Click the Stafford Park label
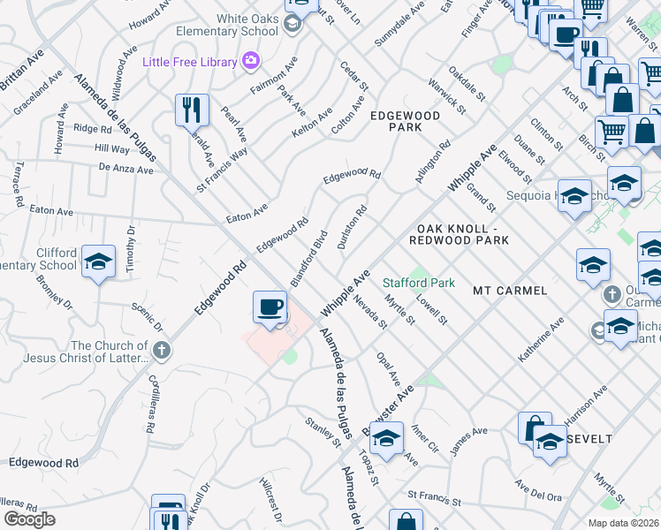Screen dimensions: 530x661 419,283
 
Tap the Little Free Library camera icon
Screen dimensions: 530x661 251,61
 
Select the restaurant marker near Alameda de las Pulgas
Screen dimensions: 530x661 192,110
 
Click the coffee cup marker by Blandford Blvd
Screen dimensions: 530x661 270,307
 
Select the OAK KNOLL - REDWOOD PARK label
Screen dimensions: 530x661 460,233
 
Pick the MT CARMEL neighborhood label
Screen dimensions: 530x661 510,290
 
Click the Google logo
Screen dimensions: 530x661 29,519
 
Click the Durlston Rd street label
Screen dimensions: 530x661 351,228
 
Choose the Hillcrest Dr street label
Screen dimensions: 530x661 270,499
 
